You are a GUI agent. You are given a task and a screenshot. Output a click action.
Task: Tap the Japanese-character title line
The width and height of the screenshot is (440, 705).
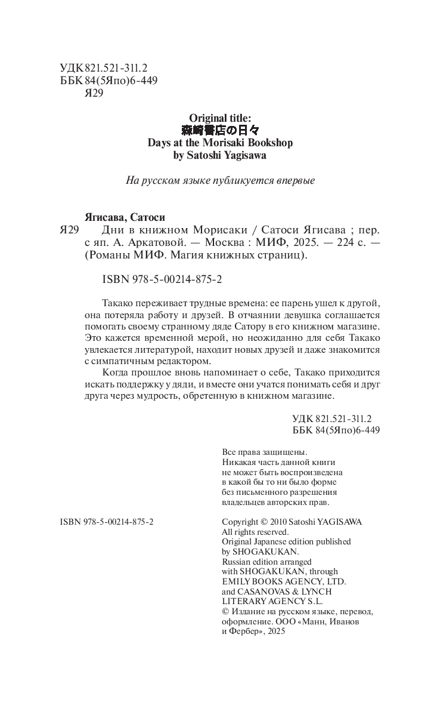point(220,130)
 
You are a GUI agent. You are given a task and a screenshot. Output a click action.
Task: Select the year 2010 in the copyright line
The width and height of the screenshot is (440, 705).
point(280,521)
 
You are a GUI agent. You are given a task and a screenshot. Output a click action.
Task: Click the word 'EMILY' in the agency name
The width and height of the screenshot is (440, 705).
point(236,581)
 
